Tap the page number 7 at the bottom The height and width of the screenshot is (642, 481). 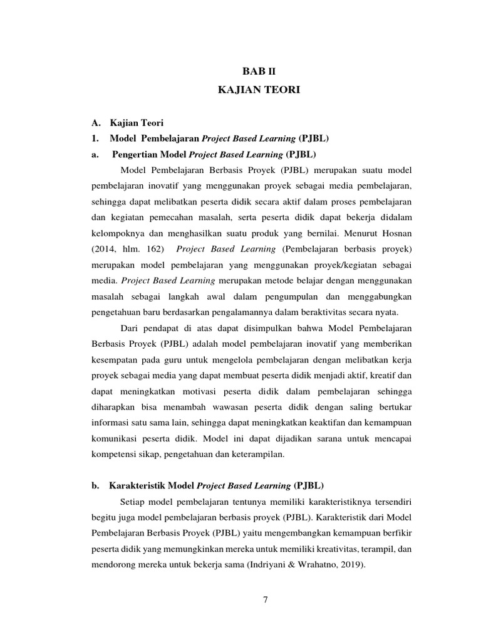(x=265, y=600)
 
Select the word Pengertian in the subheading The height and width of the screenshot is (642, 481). (x=136, y=154)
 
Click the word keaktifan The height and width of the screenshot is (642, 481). (x=313, y=425)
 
